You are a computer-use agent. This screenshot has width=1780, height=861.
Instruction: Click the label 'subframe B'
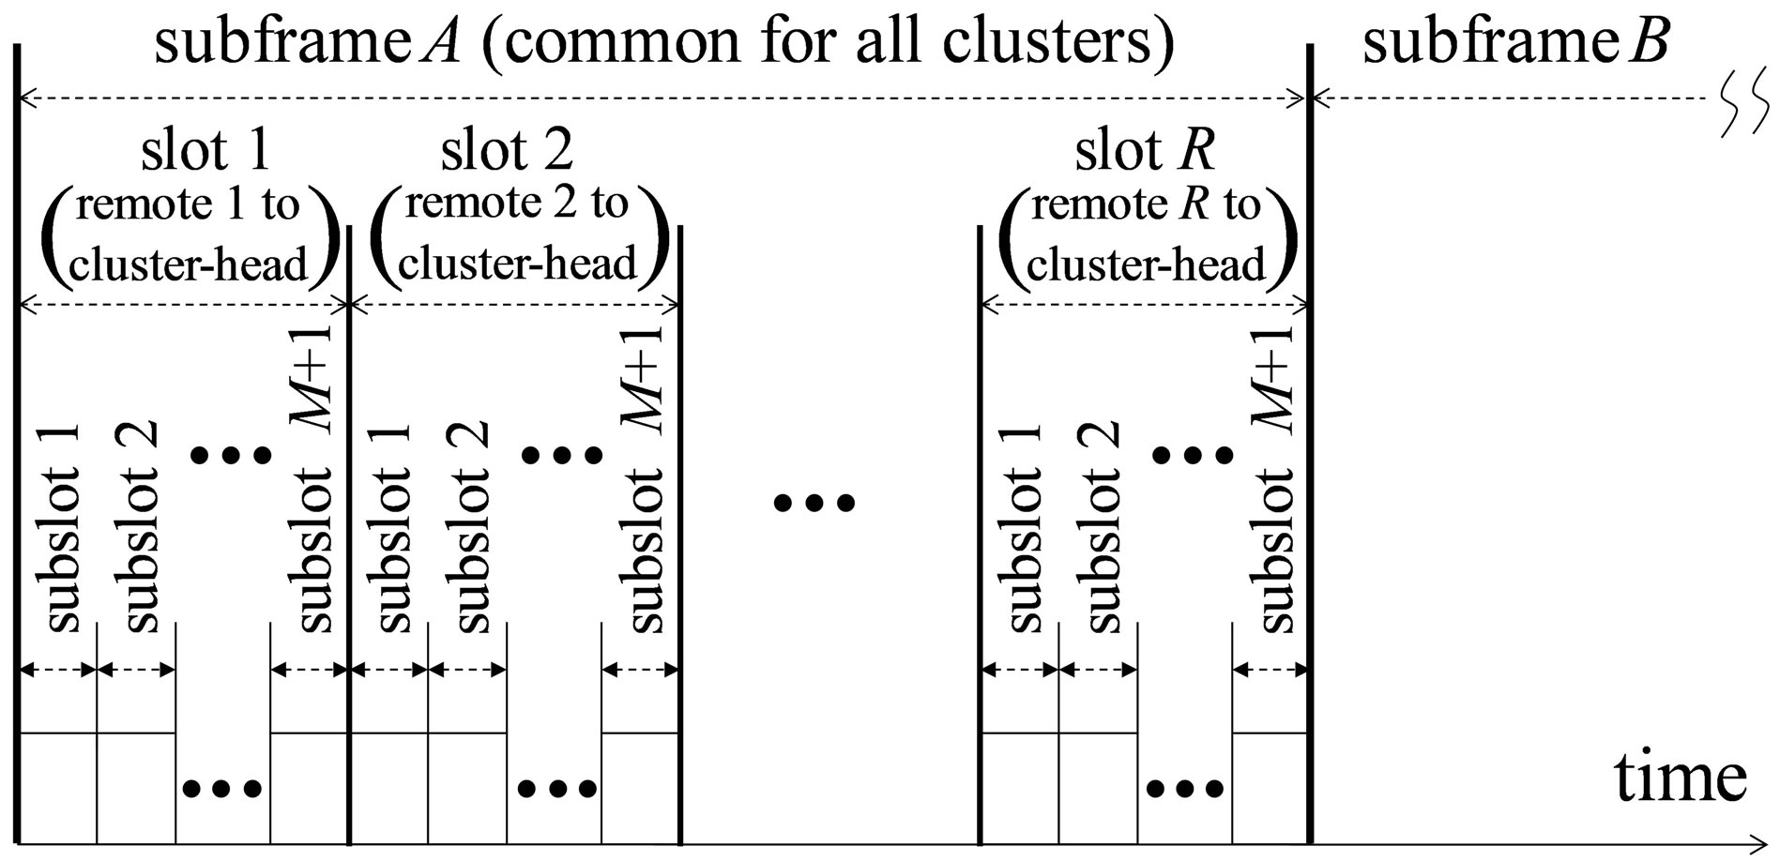point(1514,43)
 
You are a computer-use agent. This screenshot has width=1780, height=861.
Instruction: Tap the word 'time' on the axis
point(1680,778)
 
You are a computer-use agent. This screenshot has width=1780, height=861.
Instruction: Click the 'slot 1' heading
point(205,150)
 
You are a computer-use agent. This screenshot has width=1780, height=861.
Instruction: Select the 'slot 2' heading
point(507,150)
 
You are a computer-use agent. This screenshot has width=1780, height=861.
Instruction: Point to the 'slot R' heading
point(1145,150)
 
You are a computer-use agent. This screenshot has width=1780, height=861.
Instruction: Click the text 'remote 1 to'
point(187,204)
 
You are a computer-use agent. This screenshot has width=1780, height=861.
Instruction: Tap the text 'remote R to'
point(1146,204)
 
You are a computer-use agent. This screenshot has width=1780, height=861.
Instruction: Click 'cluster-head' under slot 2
point(517,264)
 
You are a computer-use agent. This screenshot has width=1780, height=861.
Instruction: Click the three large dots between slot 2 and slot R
point(814,504)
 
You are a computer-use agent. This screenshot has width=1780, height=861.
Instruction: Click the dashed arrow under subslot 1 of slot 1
point(58,670)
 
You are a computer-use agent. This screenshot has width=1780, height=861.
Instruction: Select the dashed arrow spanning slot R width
point(1144,304)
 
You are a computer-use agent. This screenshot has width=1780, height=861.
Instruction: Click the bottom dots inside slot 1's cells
point(223,788)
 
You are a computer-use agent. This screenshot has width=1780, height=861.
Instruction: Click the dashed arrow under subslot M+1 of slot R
point(1270,670)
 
